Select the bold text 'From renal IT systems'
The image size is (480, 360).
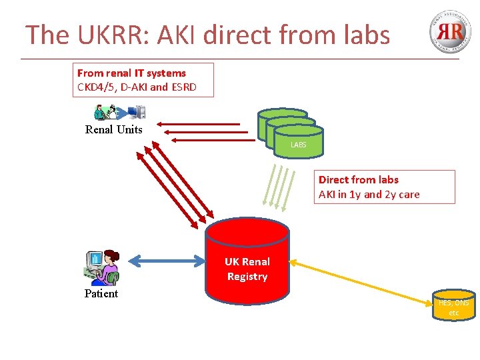[x=131, y=73]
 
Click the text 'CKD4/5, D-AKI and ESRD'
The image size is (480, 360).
[x=137, y=87]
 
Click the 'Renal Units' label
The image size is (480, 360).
[x=113, y=130]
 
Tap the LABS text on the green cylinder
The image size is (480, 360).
[x=298, y=145]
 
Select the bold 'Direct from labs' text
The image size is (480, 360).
[x=358, y=180]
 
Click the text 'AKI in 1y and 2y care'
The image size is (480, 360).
[x=369, y=195]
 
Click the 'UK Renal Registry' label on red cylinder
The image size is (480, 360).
[x=247, y=269]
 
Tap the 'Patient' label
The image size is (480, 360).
[x=101, y=294]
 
